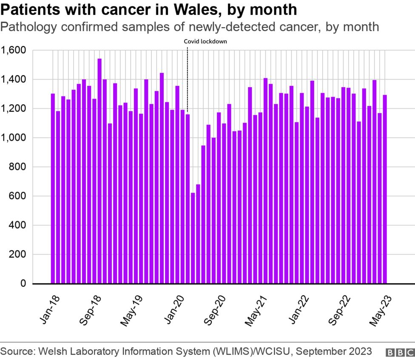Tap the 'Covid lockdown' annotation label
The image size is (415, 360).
[x=205, y=42]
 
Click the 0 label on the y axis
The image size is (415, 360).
[x=23, y=283]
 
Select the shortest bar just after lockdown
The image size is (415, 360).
[x=193, y=238]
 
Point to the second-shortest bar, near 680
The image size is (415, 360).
[x=198, y=234]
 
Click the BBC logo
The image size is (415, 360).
[x=400, y=352]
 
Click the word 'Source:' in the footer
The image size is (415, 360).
[x=18, y=351]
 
